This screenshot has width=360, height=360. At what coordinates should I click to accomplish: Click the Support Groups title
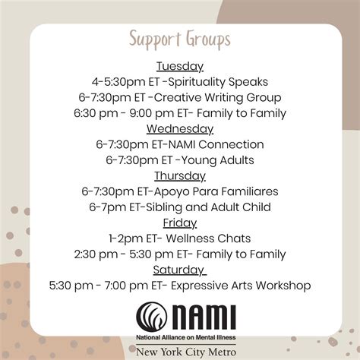pos(180,39)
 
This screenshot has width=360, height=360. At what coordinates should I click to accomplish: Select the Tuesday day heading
pos(180,65)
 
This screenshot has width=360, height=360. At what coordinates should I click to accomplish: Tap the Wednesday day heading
pos(180,128)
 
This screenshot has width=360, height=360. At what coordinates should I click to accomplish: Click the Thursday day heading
pos(180,175)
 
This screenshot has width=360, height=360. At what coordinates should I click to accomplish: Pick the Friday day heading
pos(180,223)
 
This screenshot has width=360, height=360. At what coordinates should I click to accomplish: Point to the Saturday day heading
pos(180,270)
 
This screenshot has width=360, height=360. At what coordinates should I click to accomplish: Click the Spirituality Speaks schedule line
pos(180,81)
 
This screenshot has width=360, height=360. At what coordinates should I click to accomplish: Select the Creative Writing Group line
pos(180,97)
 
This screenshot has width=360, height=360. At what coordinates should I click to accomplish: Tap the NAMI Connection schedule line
pos(180,144)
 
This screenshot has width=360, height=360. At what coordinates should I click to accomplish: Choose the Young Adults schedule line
pos(180,160)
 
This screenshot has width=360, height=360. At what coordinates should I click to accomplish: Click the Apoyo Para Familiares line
pos(180,191)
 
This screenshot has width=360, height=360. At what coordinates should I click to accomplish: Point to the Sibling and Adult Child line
pos(180,207)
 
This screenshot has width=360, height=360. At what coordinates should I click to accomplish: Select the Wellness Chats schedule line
pos(180,238)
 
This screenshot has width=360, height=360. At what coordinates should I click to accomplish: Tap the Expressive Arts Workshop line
pos(180,286)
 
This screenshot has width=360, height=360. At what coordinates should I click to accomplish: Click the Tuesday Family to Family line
pos(180,113)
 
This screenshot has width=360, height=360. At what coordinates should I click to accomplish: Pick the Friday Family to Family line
pos(180,254)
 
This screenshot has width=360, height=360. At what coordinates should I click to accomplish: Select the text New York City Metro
pos(186,351)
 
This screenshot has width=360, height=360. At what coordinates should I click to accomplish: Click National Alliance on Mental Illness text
pos(186,335)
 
